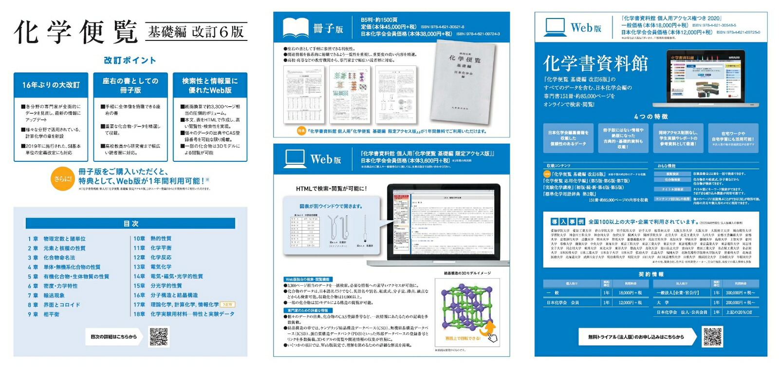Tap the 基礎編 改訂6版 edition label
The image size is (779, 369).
point(196,32)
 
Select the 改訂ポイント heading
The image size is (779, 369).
point(130,60)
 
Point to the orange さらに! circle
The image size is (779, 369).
point(63,179)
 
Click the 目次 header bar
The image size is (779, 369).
point(130,223)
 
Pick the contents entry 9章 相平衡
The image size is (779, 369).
point(44,314)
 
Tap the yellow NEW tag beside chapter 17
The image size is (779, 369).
point(227,305)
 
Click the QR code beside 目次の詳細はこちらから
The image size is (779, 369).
point(159,336)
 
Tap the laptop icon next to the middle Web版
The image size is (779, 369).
point(295,158)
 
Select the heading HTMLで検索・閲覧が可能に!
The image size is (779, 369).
point(331,189)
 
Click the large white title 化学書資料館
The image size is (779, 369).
point(595,63)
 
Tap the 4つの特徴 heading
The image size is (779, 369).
point(651,117)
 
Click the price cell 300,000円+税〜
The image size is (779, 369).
point(740,292)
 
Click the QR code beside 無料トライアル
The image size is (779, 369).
point(713,337)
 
